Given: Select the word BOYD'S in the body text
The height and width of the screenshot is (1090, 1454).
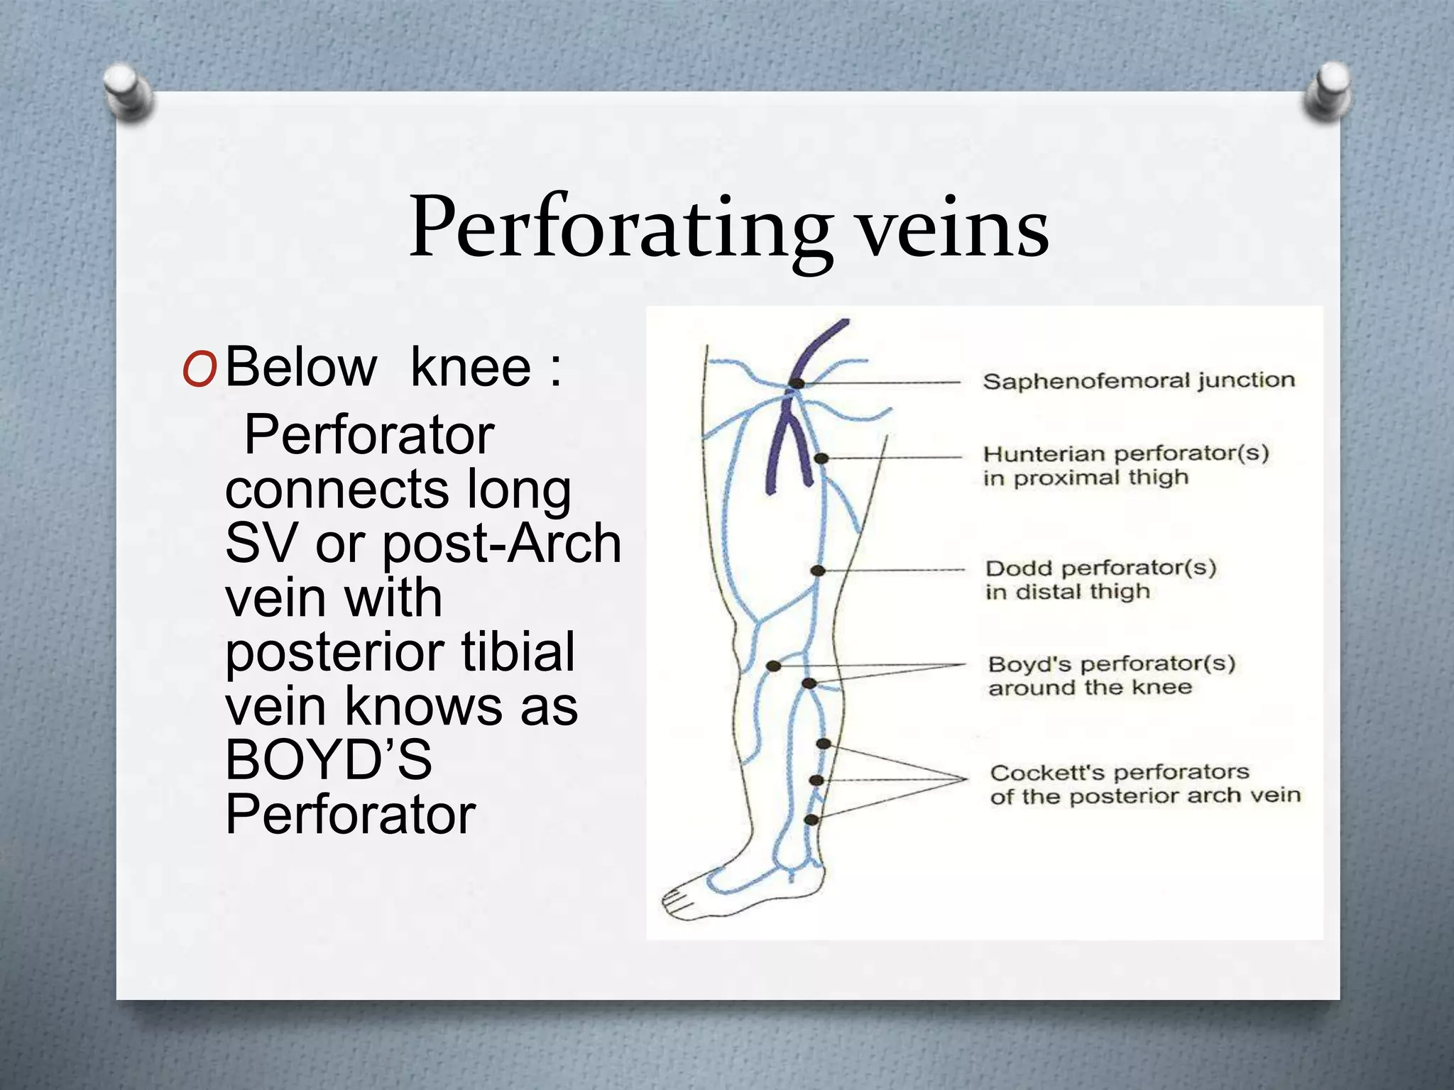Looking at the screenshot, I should tap(328, 760).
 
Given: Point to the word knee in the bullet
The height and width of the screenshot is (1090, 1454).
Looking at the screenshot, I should tap(471, 368).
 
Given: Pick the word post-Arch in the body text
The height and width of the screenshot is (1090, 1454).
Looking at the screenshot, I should tap(501, 544).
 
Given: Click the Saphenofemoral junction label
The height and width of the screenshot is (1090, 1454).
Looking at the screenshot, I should tap(1138, 381).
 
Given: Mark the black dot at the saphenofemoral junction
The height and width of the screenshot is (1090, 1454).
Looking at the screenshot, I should tap(797, 383).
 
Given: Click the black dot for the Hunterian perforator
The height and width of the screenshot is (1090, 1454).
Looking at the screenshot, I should tap(821, 458).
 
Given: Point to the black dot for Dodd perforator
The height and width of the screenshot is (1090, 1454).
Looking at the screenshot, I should tap(818, 571).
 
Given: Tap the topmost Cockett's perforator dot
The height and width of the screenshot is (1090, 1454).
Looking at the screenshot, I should tap(824, 744).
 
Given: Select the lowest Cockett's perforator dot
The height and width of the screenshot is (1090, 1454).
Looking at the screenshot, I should tap(811, 820).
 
